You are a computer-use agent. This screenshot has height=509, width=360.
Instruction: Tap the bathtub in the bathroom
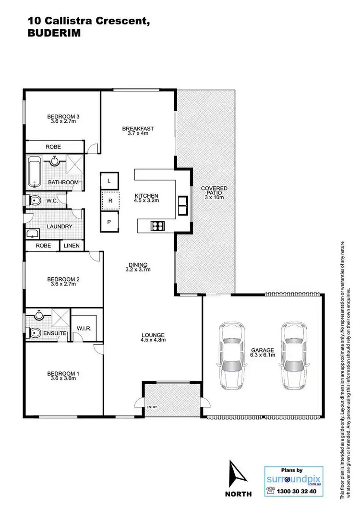34,172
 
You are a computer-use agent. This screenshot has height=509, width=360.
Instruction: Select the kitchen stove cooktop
157,225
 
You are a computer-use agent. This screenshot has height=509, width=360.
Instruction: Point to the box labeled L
109,181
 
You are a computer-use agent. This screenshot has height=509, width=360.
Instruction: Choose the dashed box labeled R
109,201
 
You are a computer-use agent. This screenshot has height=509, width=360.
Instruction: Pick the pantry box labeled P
109,221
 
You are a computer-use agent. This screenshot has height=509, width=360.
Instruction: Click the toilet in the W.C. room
34,200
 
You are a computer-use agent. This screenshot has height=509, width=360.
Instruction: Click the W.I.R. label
84,329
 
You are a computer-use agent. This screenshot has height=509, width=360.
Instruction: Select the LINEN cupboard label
72,246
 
